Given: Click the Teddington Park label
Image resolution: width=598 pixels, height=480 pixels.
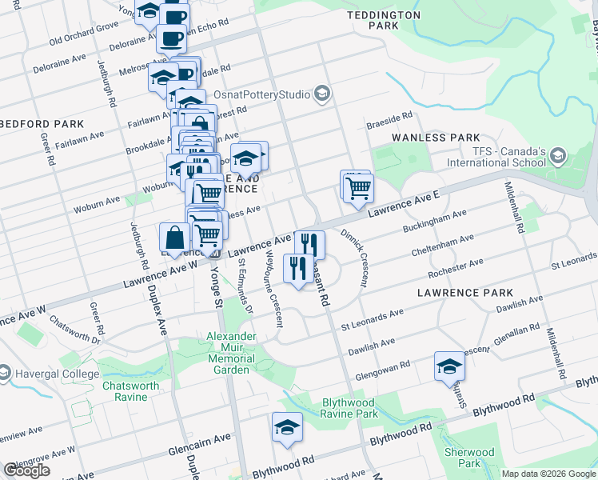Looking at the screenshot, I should click(384, 20).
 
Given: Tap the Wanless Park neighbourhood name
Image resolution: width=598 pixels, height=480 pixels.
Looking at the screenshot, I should click(436, 138).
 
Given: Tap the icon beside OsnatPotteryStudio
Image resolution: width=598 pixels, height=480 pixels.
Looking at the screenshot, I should click(321, 95).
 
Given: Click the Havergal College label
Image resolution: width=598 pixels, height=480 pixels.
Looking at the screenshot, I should click(56, 374).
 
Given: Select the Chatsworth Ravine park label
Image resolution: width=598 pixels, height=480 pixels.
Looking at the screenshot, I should click(130, 391).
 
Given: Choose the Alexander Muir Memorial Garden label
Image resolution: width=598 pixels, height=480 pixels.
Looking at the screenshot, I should click(230, 353).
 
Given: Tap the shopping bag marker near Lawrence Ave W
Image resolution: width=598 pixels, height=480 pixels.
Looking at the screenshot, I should click(175, 238).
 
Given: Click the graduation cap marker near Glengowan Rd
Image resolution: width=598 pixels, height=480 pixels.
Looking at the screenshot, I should click(449, 367).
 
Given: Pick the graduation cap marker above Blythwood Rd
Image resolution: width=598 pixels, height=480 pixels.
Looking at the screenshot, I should click(287, 428).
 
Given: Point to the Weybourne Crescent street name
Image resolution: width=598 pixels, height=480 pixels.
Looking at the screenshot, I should click(272, 292).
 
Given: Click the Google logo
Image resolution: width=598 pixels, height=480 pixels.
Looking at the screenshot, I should click(26, 470).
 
